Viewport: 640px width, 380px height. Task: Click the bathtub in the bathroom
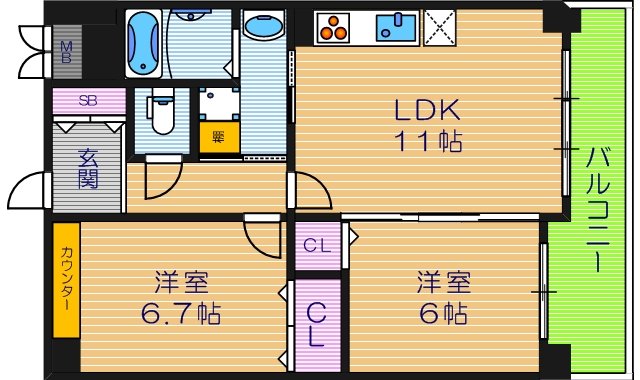(143, 37)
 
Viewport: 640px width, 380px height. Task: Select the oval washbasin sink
(263, 27)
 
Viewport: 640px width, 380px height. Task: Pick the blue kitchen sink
(396, 27)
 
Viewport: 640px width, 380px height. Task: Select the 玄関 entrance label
(88, 170)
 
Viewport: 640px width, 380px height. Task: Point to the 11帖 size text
(430, 141)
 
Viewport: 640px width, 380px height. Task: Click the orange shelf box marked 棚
(213, 137)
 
